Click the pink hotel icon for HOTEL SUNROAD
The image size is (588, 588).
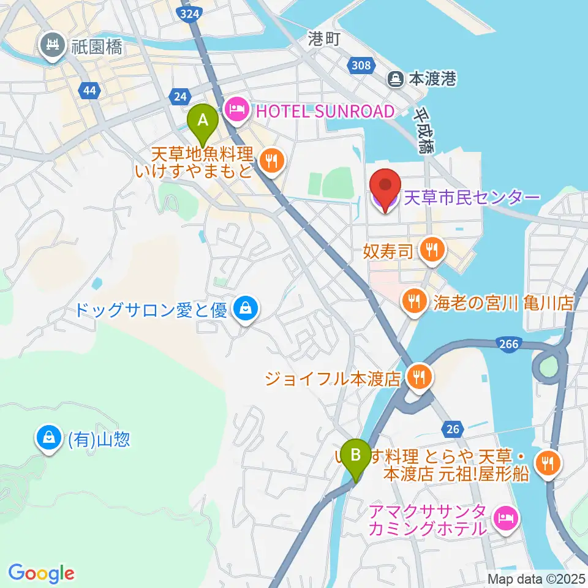[x=236, y=110]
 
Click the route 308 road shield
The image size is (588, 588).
[x=362, y=65]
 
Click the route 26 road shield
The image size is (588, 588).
[x=452, y=429]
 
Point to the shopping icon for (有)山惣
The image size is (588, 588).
[x=48, y=439]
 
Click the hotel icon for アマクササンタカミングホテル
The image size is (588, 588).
[x=505, y=519]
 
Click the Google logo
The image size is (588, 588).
[x=41, y=573]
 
